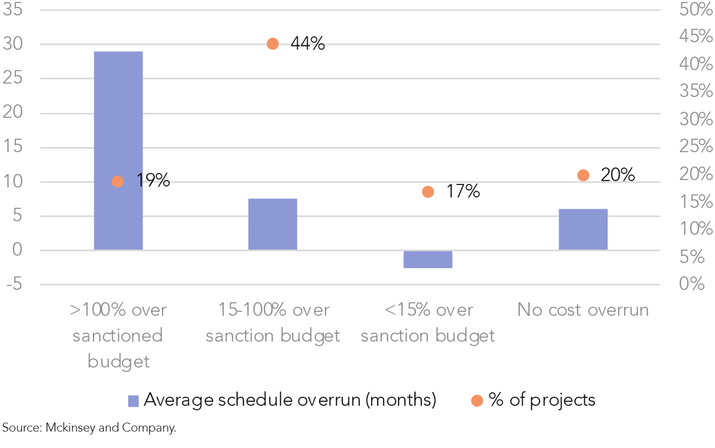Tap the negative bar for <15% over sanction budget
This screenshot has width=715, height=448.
(428, 260)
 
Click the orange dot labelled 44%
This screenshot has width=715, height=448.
(272, 44)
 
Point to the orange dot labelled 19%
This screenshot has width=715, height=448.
(117, 182)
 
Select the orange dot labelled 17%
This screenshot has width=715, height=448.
(428, 192)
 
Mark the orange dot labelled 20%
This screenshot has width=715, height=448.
(583, 175)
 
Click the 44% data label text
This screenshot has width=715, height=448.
(307, 43)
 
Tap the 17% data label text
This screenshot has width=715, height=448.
(463, 191)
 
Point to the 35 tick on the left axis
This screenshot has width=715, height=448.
(13, 9)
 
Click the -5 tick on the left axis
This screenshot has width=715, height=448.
(14, 284)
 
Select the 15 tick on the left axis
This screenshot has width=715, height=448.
(13, 146)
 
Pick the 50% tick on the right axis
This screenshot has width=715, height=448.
(696, 9)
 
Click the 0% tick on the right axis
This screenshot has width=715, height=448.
(692, 284)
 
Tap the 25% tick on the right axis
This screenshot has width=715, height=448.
(696, 146)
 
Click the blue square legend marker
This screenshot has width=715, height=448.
(133, 401)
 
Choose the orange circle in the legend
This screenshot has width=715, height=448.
(477, 401)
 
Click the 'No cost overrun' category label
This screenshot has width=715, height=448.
(583, 310)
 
